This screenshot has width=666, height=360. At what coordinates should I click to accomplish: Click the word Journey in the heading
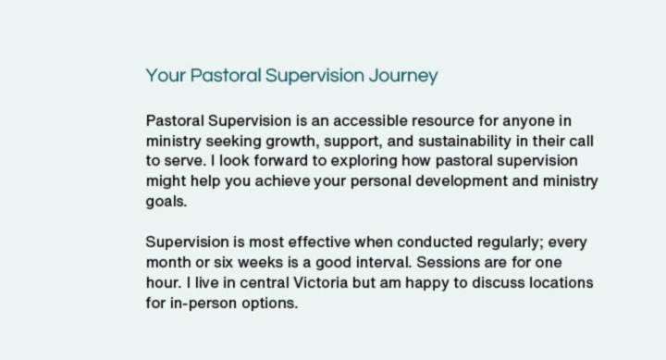tap(403, 76)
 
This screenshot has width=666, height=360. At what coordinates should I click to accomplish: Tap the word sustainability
tap(464, 142)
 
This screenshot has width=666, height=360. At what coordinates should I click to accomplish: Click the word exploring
tap(364, 162)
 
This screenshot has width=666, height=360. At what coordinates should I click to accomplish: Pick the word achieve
tap(282, 181)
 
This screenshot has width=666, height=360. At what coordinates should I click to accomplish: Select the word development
tap(462, 182)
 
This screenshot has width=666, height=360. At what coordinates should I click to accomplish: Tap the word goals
tap(166, 202)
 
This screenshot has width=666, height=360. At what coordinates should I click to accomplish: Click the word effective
tap(319, 242)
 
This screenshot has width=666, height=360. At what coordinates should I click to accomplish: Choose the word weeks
tap(260, 262)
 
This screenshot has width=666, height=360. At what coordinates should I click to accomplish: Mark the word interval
tap(384, 262)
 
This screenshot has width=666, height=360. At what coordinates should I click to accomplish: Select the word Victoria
tap(321, 282)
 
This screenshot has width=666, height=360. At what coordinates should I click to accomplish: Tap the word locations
tap(561, 282)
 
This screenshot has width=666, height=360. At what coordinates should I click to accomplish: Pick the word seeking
tap(234, 142)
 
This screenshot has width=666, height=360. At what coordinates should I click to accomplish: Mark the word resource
tap(443, 120)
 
